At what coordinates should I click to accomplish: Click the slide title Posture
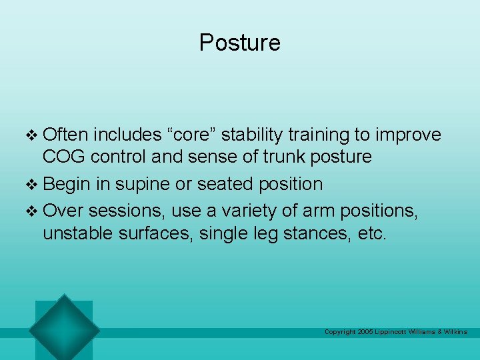pos(240,43)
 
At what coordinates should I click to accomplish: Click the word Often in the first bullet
pos(65,135)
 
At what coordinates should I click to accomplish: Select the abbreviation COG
pos(65,157)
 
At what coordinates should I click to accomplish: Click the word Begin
pos(69,184)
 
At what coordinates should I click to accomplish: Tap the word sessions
pos(126,211)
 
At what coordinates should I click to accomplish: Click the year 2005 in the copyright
pos(365,332)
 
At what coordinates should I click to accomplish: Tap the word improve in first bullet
pos(408,135)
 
